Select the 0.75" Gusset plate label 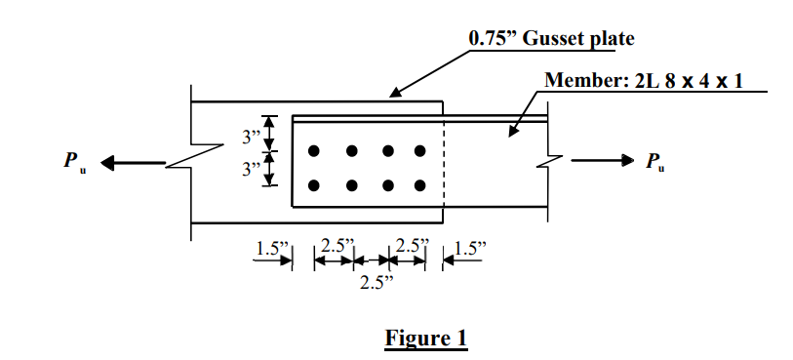click(551, 39)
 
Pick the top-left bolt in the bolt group click(314, 151)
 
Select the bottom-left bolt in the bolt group click(314, 185)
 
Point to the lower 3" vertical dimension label click(253, 170)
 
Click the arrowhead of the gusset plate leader click(392, 95)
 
